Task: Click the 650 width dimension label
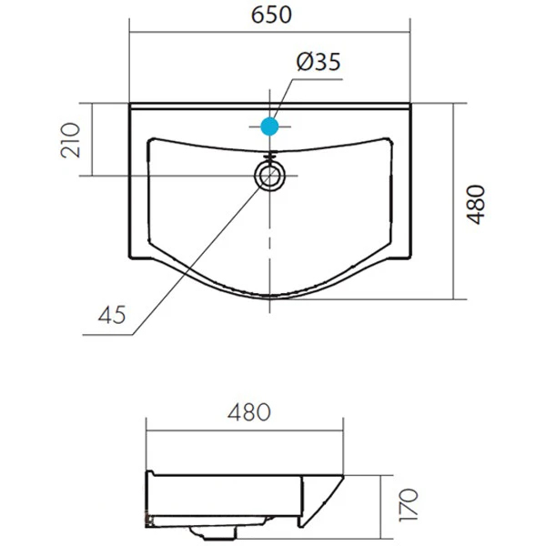click(271, 15)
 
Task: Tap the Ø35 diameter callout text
click(318, 62)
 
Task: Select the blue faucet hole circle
click(270, 126)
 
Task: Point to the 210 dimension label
click(70, 140)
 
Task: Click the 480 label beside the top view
click(475, 205)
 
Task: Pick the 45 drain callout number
click(112, 315)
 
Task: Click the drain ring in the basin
click(270, 176)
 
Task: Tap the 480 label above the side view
click(249, 412)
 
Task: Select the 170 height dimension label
click(409, 505)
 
